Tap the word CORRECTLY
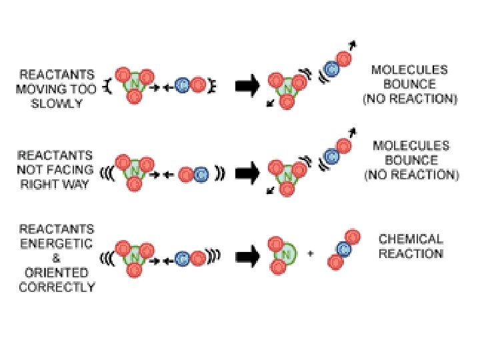tap(57, 287)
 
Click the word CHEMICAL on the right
tap(411, 239)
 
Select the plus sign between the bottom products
tap(311, 254)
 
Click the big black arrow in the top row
tap(247, 87)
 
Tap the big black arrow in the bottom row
tap(247, 254)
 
